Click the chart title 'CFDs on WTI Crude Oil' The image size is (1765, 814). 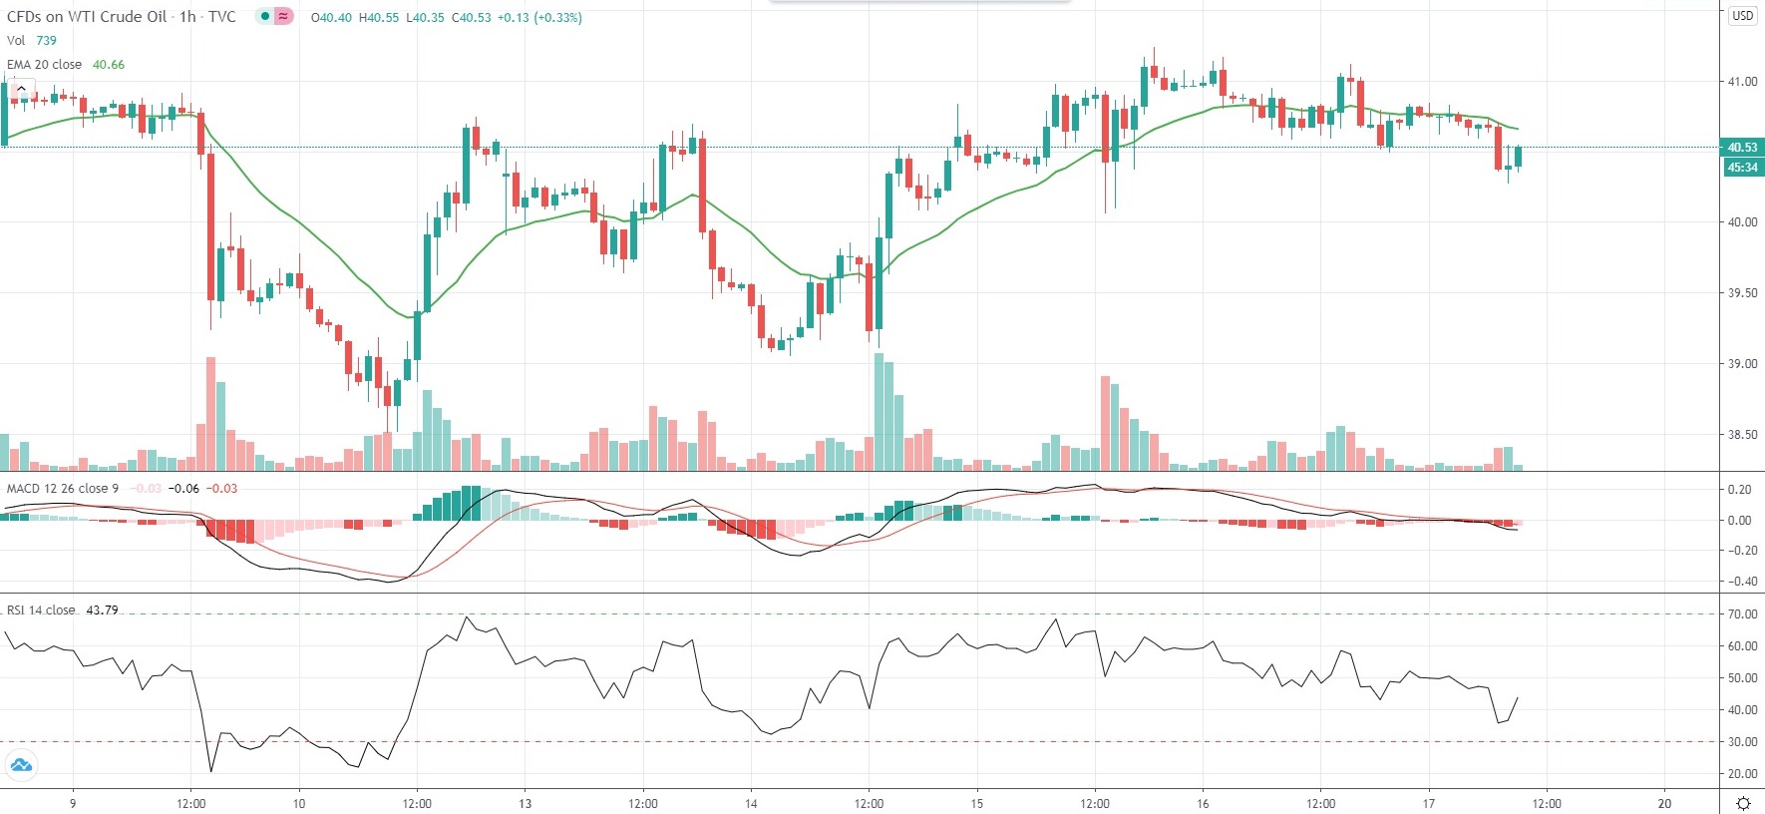pyautogui.click(x=87, y=17)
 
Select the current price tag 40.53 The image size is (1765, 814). pyautogui.click(x=1742, y=148)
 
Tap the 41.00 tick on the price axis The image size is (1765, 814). pyautogui.click(x=1742, y=82)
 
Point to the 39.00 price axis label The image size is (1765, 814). pyautogui.click(x=1742, y=364)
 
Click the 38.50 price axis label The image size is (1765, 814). pyautogui.click(x=1742, y=435)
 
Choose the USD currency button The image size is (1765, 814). pyautogui.click(x=1742, y=16)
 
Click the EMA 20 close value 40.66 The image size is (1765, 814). pyautogui.click(x=109, y=65)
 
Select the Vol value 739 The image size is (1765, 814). pyautogui.click(x=47, y=41)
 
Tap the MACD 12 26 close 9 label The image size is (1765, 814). pyautogui.click(x=63, y=489)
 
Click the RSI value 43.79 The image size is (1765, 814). pyautogui.click(x=102, y=610)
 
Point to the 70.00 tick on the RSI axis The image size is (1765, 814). pyautogui.click(x=1742, y=614)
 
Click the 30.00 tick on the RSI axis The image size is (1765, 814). pyautogui.click(x=1742, y=742)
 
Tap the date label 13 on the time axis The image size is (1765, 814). pyautogui.click(x=526, y=804)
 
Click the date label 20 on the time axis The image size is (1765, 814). pyautogui.click(x=1664, y=804)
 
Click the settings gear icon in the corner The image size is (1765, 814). pyautogui.click(x=1743, y=803)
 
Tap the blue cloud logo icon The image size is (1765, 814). pyautogui.click(x=20, y=766)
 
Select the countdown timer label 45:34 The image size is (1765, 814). pyautogui.click(x=1742, y=168)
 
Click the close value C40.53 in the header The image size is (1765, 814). pyautogui.click(x=472, y=18)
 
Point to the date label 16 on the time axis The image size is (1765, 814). pyautogui.click(x=1203, y=804)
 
